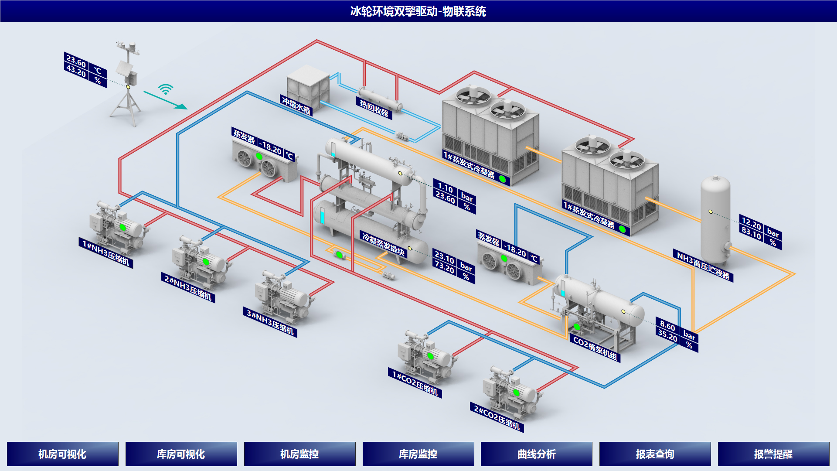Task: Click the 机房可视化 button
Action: coord(62,454)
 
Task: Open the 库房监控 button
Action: coord(418,454)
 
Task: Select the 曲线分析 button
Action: coord(537,454)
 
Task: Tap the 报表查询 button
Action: coord(655,454)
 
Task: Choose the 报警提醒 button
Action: coord(773,454)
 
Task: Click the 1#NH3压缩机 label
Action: coord(106,253)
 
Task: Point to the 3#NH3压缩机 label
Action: coord(270,322)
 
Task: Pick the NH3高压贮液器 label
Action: coord(703,266)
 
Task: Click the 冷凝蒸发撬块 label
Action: coord(383,244)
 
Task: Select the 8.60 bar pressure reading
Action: coord(667,325)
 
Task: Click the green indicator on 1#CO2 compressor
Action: coord(430,356)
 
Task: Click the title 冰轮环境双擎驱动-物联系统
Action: coord(418,11)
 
